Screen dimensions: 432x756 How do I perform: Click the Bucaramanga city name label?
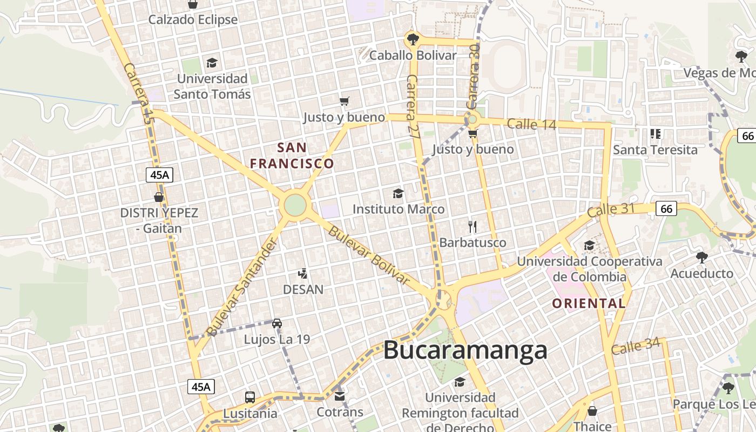(465, 350)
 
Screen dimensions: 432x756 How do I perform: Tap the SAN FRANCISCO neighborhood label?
(292, 155)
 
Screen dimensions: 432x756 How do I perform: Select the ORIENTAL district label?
(589, 303)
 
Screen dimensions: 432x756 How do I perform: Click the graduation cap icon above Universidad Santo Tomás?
(212, 63)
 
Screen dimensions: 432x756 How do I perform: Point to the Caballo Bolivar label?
(413, 55)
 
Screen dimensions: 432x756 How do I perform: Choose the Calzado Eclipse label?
(193, 20)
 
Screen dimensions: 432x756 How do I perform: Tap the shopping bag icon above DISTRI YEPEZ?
(159, 197)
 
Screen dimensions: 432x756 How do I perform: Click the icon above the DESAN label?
(303, 274)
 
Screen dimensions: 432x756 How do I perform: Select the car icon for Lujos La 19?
(276, 323)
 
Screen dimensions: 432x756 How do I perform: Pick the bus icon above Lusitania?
(250, 397)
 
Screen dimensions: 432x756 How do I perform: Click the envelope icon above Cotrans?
(339, 396)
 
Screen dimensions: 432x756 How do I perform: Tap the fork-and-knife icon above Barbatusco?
(473, 226)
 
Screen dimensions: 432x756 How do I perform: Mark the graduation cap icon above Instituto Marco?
(398, 193)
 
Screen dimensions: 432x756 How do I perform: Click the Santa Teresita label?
(655, 150)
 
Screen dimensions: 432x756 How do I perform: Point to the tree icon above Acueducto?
(701, 257)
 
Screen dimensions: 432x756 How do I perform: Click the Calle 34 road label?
(636, 346)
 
